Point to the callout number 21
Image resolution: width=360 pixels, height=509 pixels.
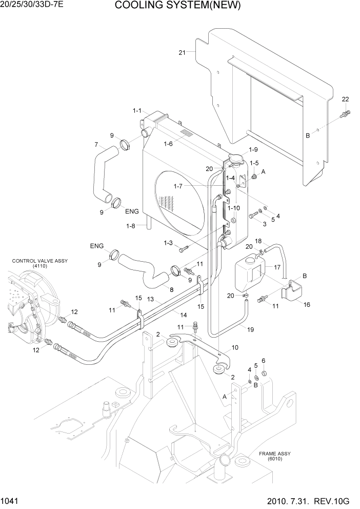pyautogui.click(x=182, y=52)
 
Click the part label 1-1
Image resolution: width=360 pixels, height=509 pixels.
pyautogui.click(x=138, y=110)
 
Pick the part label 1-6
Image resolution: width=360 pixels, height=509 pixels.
pyautogui.click(x=168, y=144)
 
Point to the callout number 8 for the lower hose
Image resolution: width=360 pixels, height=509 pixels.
pyautogui.click(x=171, y=289)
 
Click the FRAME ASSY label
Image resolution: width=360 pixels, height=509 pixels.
pyautogui.click(x=274, y=456)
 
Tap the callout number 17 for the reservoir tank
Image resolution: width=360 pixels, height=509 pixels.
pyautogui.click(x=277, y=267)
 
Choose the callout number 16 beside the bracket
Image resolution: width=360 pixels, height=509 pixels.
pyautogui.click(x=307, y=304)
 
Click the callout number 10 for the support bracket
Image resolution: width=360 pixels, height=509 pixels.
pyautogui.click(x=235, y=347)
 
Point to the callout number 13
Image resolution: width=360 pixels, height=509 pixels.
pyautogui.click(x=151, y=299)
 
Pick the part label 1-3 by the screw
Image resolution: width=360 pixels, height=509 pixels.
pyautogui.click(x=169, y=243)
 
